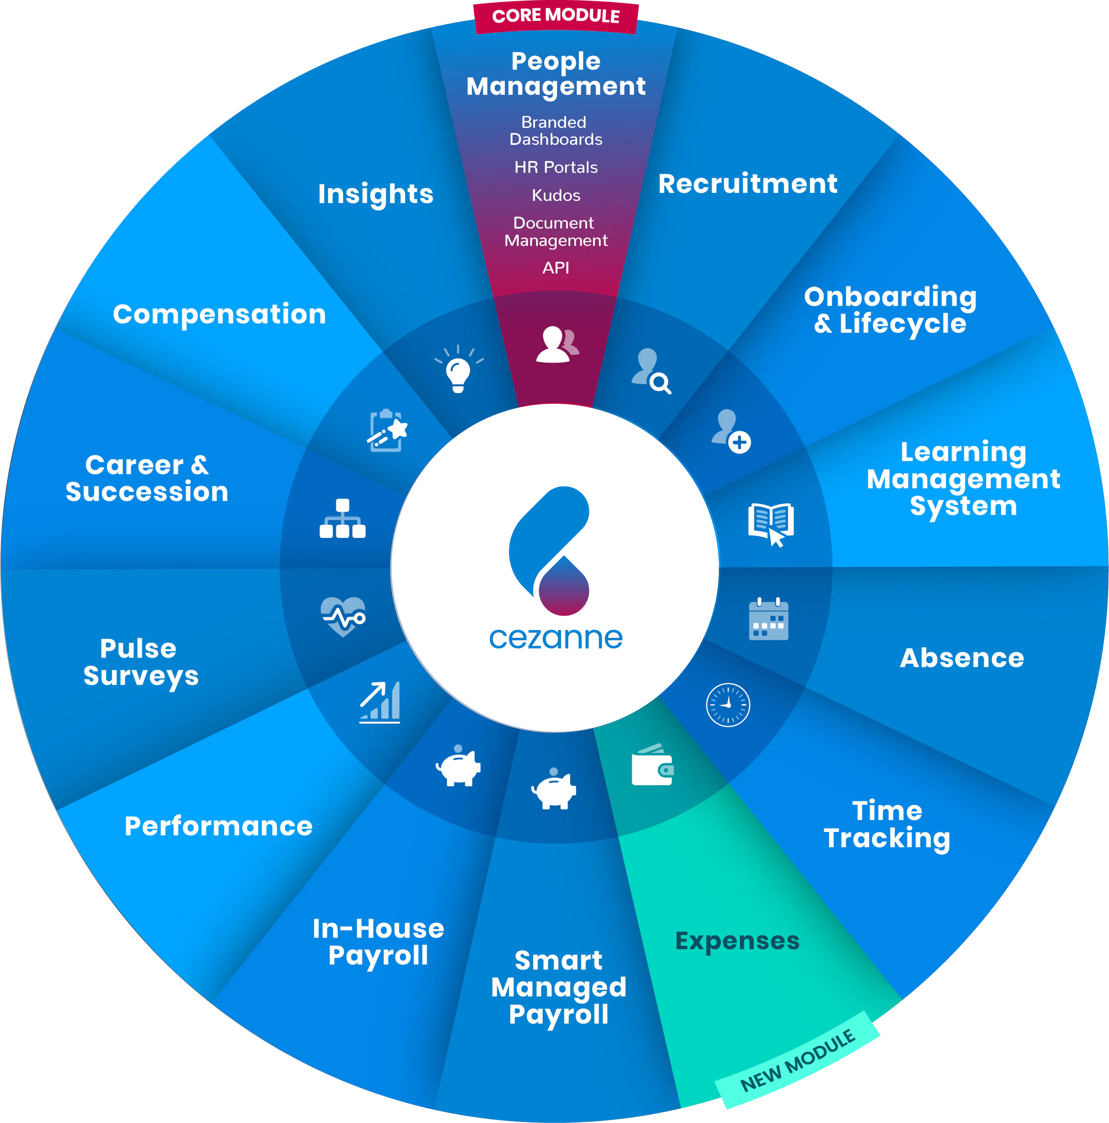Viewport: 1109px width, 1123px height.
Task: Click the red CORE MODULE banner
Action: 556,16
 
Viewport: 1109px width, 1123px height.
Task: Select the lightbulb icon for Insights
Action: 459,370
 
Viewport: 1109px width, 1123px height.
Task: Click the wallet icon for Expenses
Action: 653,766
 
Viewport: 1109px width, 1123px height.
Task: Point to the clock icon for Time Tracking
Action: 728,704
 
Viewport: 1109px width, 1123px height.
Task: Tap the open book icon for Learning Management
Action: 771,523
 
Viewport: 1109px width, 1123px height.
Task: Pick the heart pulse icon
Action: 343,616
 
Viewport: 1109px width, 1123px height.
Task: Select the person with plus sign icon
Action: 731,431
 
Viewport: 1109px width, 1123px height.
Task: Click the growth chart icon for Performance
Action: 380,702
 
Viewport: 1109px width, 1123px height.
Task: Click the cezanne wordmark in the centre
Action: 556,638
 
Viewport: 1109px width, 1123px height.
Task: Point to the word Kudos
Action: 556,195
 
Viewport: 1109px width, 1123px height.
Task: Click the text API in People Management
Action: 556,268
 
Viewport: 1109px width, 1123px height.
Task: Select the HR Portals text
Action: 556,167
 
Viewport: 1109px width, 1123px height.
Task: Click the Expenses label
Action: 737,940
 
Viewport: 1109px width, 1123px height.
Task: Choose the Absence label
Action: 961,658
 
